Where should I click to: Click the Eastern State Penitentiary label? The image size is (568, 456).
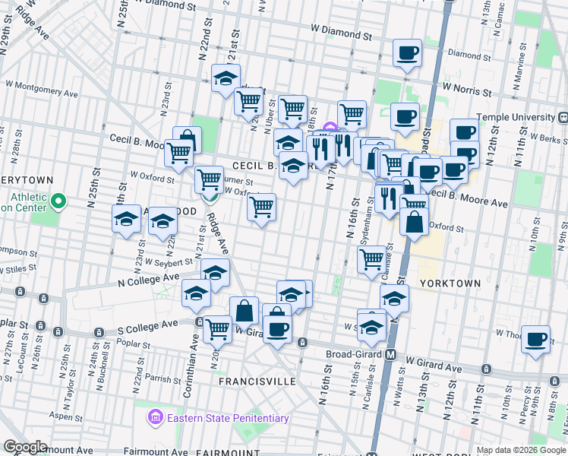(x=228, y=418)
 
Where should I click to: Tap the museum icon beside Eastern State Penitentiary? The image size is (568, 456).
(x=156, y=417)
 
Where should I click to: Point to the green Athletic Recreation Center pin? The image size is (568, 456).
(x=59, y=201)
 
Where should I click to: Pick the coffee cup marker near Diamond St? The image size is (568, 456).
(x=407, y=54)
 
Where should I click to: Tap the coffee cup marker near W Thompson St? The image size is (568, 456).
(x=536, y=338)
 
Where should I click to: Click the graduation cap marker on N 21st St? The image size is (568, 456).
(x=226, y=79)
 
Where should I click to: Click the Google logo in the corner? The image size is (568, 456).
(x=25, y=447)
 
